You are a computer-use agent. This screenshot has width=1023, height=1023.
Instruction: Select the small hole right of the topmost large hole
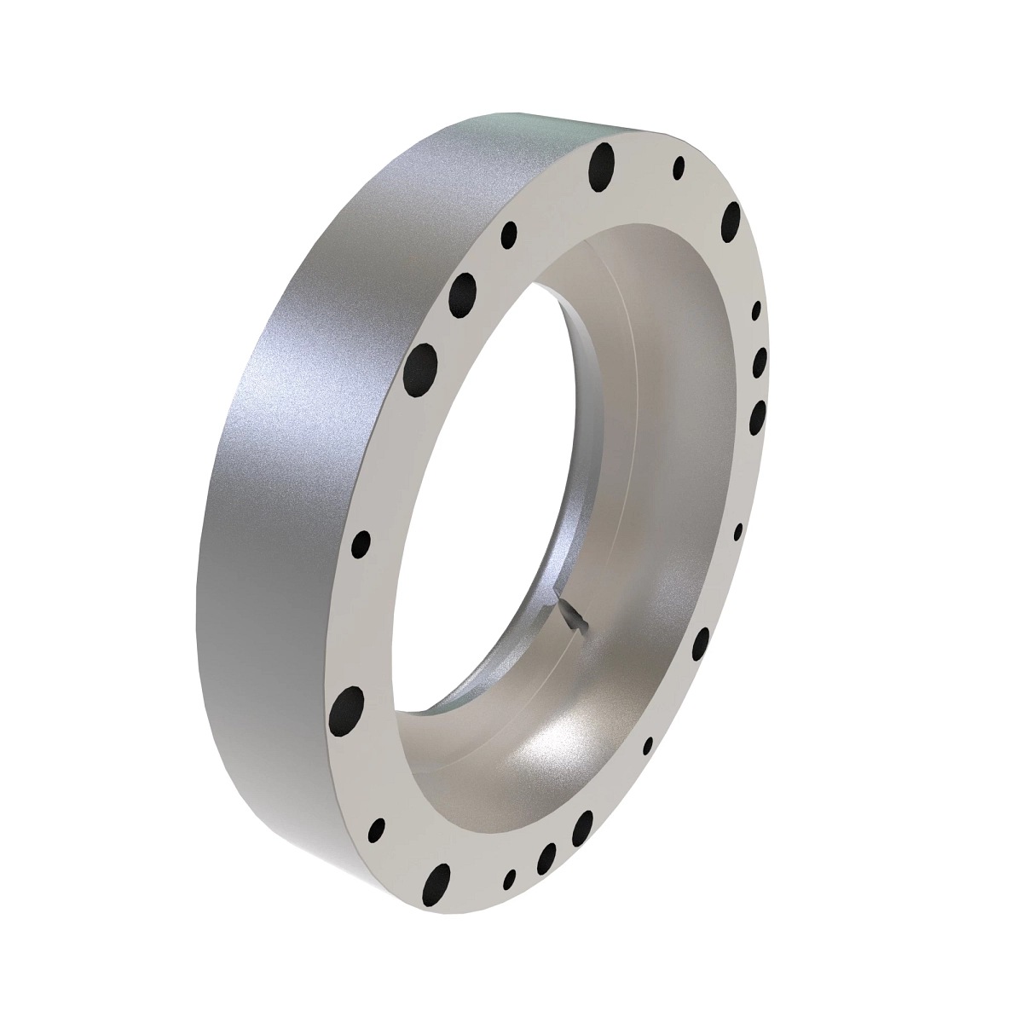click(679, 167)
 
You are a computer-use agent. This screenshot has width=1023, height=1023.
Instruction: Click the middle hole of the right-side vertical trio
click(760, 361)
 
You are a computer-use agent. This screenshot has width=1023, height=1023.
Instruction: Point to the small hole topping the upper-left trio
click(510, 233)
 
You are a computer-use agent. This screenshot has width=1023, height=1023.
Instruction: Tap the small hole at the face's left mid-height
click(361, 541)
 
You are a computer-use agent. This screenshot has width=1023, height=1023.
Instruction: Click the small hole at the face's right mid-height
click(738, 531)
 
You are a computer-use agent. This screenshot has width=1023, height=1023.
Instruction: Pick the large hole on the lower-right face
click(702, 645)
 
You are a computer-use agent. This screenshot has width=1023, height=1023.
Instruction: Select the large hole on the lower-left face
click(347, 707)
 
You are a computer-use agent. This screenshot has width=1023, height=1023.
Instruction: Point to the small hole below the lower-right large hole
click(648, 746)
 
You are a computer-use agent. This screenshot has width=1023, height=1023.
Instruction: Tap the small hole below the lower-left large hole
click(376, 829)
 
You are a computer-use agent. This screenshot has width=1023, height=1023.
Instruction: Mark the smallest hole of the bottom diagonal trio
click(511, 879)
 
